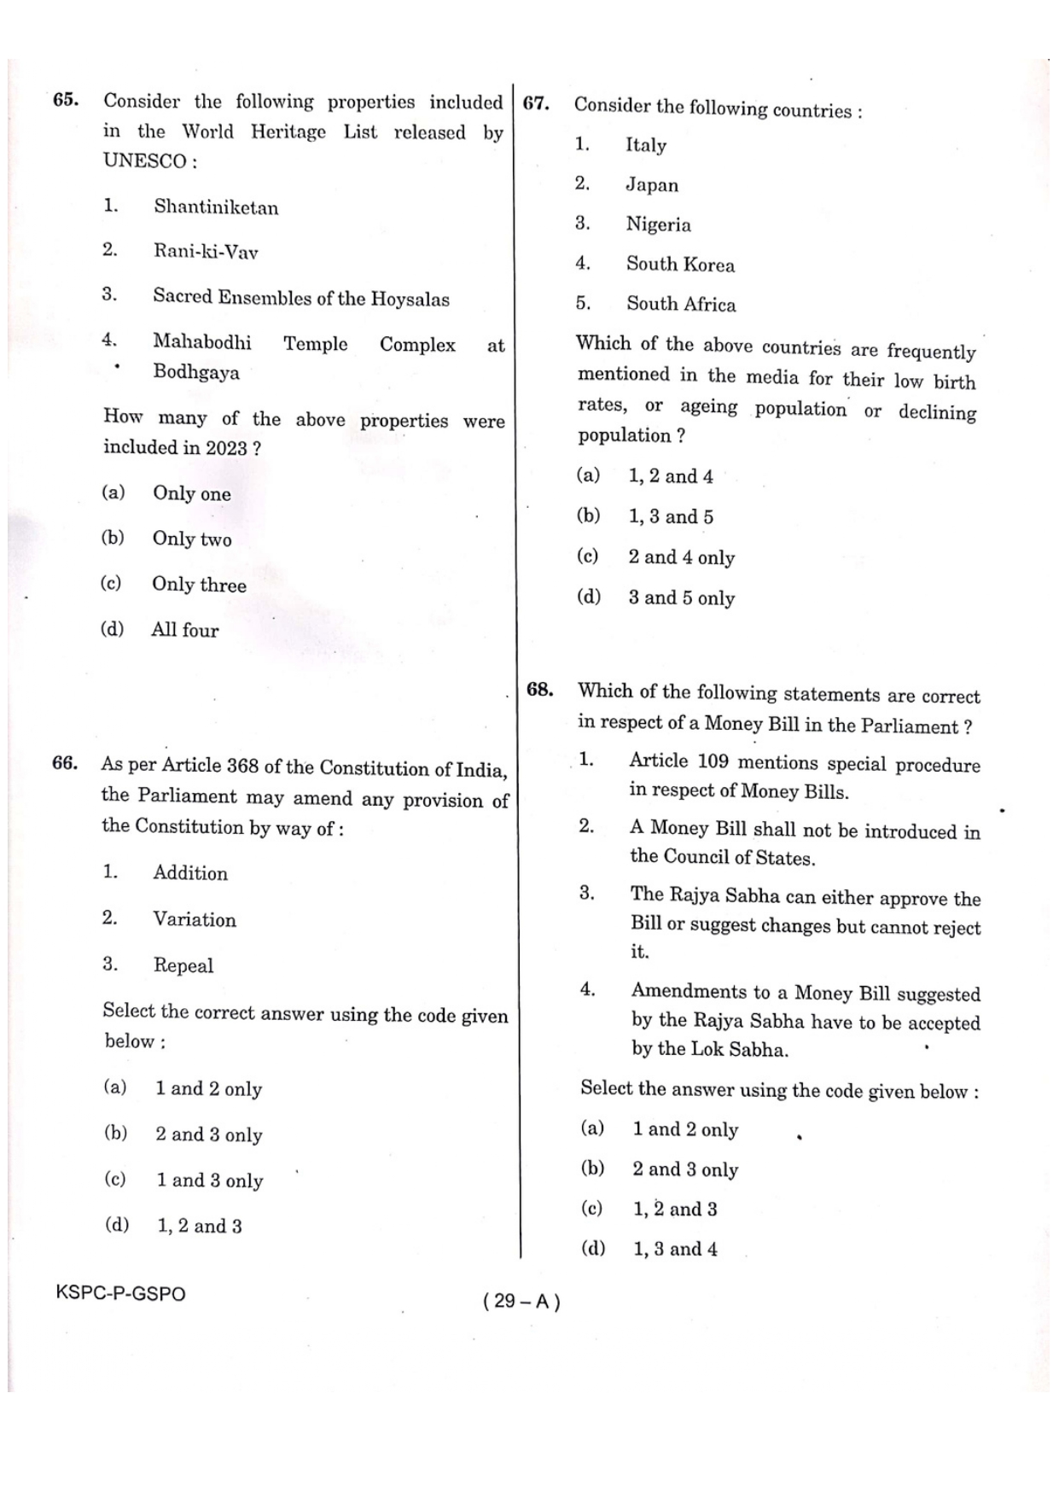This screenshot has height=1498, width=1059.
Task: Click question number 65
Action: click(x=65, y=100)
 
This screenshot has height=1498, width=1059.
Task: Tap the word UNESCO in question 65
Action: click(x=145, y=160)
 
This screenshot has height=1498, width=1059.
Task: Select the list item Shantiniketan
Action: click(x=216, y=207)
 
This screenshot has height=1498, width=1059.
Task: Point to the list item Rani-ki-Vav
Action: click(x=206, y=252)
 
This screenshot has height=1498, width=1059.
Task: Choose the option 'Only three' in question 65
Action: click(x=199, y=585)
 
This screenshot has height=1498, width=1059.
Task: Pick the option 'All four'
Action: click(x=185, y=630)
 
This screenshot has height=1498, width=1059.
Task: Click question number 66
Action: click(x=65, y=763)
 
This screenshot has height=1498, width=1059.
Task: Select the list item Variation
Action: click(x=195, y=919)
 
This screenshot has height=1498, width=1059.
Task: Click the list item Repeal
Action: click(x=183, y=965)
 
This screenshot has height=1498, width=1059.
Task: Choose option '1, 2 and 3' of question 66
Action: click(x=199, y=1227)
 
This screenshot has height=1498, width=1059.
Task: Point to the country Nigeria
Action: click(x=658, y=224)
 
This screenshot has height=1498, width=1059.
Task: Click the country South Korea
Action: click(x=680, y=265)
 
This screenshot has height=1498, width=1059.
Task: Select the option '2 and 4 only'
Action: click(x=681, y=557)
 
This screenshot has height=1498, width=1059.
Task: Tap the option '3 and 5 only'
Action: click(x=681, y=598)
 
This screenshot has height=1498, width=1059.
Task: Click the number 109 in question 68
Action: click(x=713, y=761)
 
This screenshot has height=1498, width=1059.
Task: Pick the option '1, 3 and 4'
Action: click(x=675, y=1250)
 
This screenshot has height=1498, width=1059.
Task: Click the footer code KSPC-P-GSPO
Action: click(x=120, y=1293)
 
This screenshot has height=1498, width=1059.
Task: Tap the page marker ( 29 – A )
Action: click(x=521, y=1301)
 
